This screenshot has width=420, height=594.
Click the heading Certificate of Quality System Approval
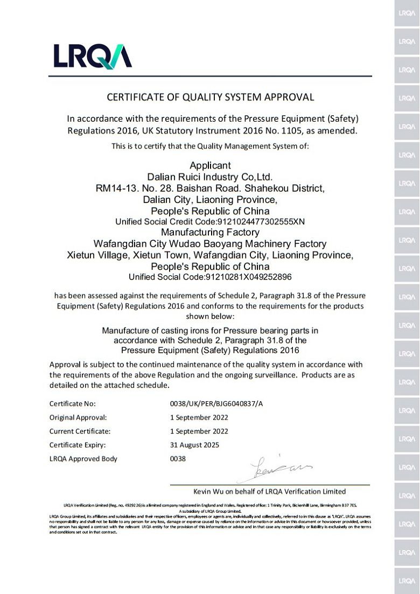210,97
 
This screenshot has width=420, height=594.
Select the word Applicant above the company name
210,166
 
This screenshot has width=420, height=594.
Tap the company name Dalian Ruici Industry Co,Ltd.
210,177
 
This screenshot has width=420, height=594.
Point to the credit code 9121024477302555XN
261,221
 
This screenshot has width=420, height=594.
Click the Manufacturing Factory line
210,233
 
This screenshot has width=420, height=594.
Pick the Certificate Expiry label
78,445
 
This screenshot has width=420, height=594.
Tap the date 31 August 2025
194,445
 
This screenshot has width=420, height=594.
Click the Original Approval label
78,417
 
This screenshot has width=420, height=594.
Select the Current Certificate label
80,431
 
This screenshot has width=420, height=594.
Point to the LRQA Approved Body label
83,459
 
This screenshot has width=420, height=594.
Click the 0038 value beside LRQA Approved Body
178,459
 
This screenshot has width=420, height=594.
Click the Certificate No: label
72,403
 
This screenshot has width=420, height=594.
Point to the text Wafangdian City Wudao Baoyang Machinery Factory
210,244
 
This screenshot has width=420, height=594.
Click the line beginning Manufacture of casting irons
210,330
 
